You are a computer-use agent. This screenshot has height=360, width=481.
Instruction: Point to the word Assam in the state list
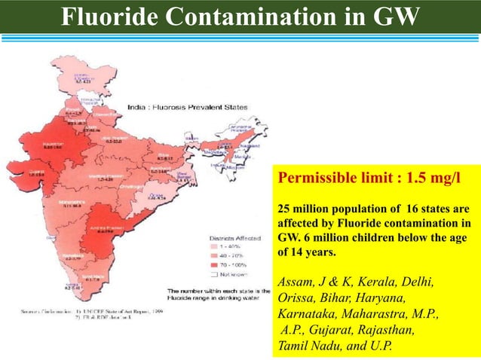tap(296, 282)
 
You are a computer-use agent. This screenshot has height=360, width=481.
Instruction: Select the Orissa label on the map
tap(155, 195)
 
